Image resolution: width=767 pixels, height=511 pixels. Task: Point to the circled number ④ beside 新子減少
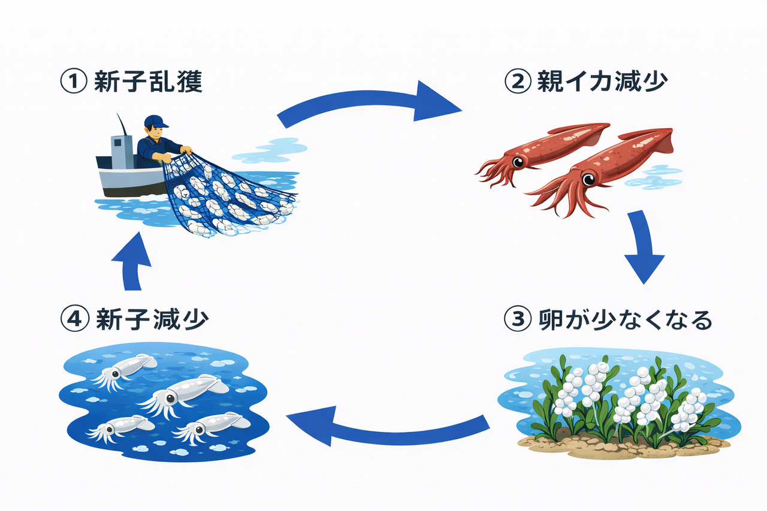click(x=74, y=319)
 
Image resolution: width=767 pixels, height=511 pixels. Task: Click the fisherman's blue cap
click(x=155, y=121)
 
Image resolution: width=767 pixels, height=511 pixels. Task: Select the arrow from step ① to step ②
click(x=372, y=105)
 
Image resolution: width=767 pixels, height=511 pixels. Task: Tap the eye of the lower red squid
click(x=589, y=178)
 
